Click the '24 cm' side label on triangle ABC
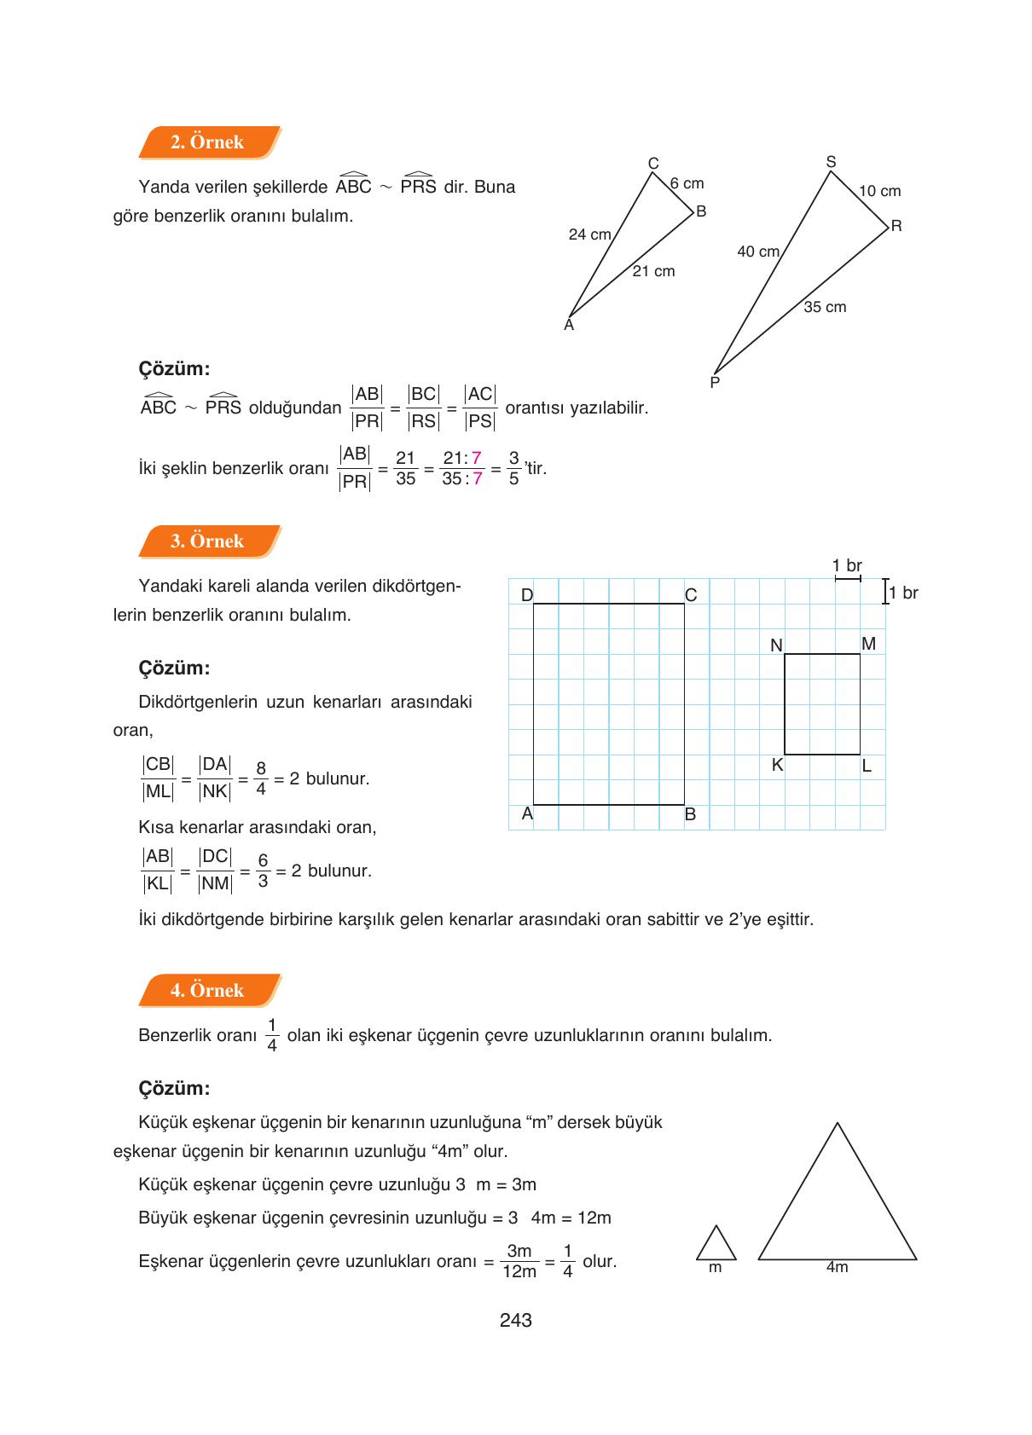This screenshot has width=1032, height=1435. click(x=589, y=234)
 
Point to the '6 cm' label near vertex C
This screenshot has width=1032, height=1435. click(x=687, y=183)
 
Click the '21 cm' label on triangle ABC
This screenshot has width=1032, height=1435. click(x=653, y=271)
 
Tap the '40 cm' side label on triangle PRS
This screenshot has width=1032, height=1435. click(x=758, y=252)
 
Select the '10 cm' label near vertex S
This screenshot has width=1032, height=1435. click(x=879, y=191)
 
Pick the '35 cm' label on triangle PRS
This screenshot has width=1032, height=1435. click(x=825, y=307)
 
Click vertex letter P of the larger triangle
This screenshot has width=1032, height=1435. click(x=715, y=383)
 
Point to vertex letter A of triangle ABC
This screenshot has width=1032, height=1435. click(x=569, y=325)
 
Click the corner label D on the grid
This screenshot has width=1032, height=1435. click(x=527, y=595)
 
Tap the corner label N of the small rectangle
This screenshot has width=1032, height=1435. click(x=776, y=645)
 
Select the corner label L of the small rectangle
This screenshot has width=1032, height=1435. click(x=867, y=766)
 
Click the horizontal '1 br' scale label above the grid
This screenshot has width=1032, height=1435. click(x=847, y=565)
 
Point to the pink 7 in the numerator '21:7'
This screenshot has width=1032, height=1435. click(x=477, y=459)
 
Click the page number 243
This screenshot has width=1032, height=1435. click(x=516, y=1321)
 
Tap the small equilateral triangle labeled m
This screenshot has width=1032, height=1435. click(x=716, y=1245)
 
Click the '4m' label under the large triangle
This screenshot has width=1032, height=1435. click(x=837, y=1267)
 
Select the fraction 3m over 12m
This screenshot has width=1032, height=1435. click(x=519, y=1261)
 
